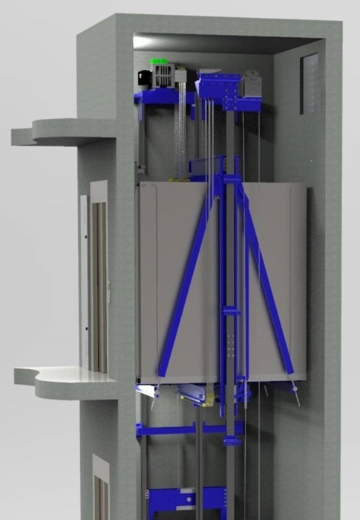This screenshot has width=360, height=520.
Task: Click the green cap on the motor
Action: click(158, 62)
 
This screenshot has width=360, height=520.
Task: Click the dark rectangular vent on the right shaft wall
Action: click(310, 83)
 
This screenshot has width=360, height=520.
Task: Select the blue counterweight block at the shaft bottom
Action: click(186, 501)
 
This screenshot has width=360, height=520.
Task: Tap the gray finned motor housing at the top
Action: click(165, 77)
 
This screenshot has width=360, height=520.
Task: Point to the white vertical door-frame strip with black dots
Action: click(85, 282)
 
